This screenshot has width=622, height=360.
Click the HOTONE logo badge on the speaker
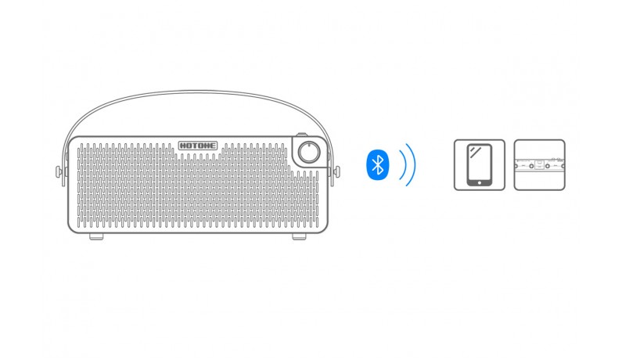tap(198, 146)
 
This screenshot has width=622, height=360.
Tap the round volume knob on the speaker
tap(309, 152)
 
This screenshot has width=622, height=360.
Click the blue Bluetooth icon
tap(378, 164)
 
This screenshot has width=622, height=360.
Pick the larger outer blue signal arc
tap(412, 164)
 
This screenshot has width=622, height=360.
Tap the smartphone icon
tap(479, 164)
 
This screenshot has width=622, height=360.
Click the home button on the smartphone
tap(479, 183)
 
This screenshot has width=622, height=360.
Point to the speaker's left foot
tap(96, 236)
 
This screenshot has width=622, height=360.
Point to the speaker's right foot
tap(299, 236)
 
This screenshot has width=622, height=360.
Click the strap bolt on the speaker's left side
tap(59, 172)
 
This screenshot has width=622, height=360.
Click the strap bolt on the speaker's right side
tap(336, 172)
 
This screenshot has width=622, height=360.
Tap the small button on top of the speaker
tap(302, 135)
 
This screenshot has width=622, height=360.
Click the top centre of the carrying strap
tap(197, 92)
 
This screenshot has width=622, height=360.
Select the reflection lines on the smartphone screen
tap(476, 152)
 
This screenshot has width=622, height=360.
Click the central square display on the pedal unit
tap(539, 164)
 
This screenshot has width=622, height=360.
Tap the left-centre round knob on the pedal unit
tap(531, 166)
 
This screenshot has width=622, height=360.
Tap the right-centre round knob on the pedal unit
tap(548, 166)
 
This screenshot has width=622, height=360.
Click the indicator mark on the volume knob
tap(309, 146)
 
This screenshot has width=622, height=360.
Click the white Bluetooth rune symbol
tap(378, 164)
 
